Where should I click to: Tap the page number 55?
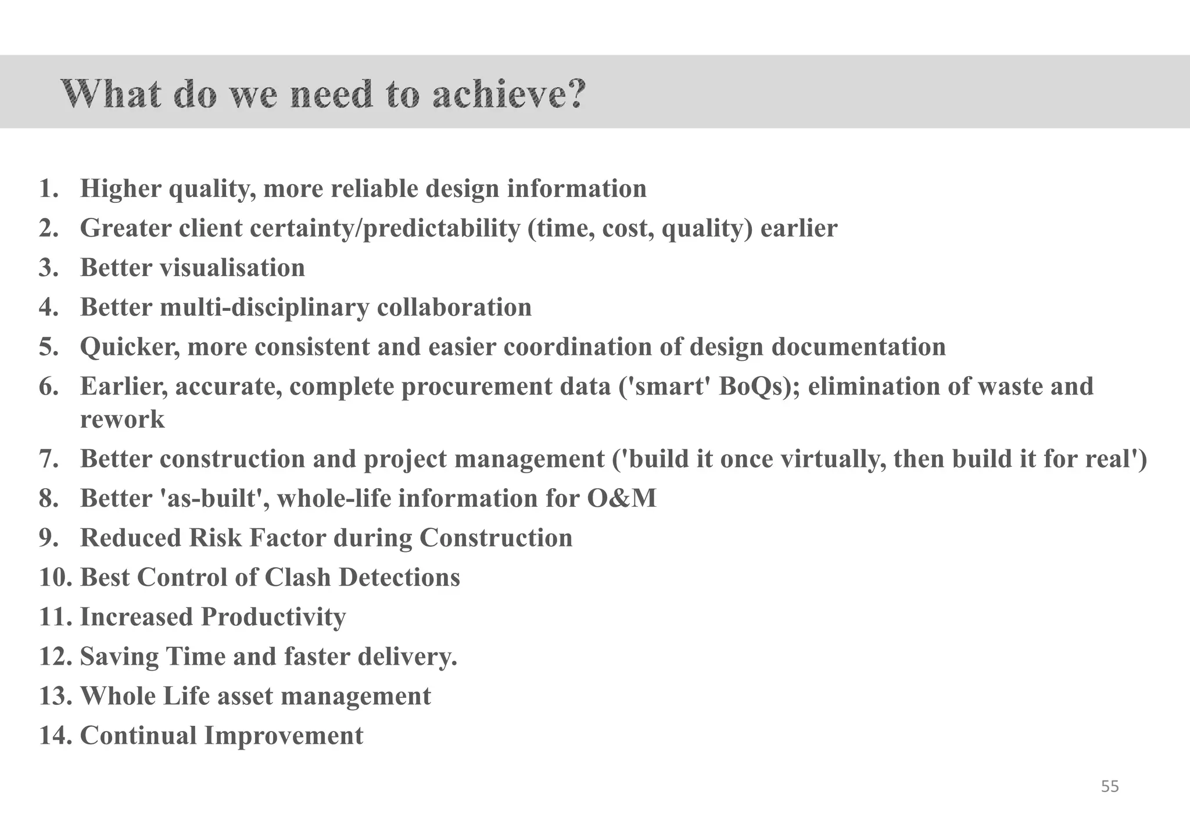[x=1110, y=787]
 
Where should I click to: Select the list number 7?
[x=48, y=459]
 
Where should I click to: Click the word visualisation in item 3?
[x=232, y=268]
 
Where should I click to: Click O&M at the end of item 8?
[x=622, y=499]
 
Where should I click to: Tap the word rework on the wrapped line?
[x=122, y=420]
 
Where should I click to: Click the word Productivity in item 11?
[x=273, y=617]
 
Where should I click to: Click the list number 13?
[x=55, y=696]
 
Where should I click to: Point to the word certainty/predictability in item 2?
[x=385, y=228]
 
